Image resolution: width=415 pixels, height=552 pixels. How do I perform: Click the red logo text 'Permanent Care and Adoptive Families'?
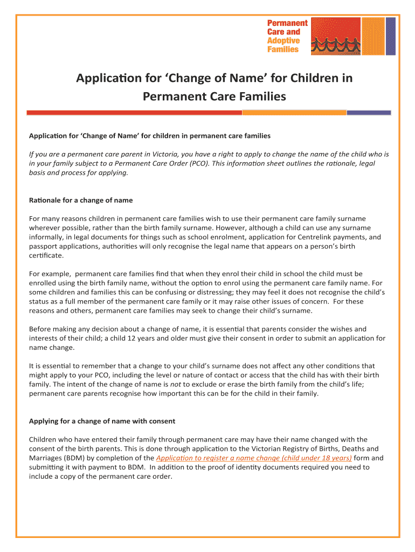(x=287, y=36)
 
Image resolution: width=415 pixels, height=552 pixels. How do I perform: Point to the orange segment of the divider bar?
(x=294, y=113)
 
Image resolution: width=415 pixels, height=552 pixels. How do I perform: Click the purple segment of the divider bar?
(x=369, y=113)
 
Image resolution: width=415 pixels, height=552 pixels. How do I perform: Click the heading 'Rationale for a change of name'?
(x=80, y=201)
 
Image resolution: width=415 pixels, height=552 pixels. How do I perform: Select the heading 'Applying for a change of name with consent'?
(x=102, y=421)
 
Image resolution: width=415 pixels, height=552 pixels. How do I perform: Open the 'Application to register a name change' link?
(x=253, y=458)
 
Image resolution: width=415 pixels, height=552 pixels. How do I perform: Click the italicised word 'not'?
(x=176, y=384)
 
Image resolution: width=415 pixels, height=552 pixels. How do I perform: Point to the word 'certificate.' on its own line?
(x=47, y=256)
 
